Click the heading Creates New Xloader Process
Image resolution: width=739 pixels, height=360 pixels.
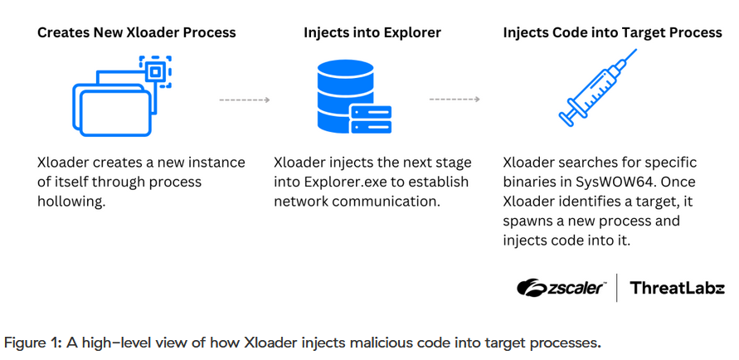coord(137,32)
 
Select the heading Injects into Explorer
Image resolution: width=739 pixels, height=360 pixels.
coord(372,32)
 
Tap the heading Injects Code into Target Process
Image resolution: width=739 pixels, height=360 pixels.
coord(613,32)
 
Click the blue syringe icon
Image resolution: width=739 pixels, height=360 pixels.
coord(598,87)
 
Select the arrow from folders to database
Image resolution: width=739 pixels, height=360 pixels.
coord(244,100)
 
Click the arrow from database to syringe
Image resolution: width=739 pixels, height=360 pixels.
coord(455,100)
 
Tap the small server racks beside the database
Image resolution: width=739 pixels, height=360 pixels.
coord(372,119)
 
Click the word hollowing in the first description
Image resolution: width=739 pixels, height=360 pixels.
coord(70,202)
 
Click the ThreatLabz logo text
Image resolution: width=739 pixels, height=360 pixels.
coord(677,288)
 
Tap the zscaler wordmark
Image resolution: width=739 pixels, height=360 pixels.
coord(576,288)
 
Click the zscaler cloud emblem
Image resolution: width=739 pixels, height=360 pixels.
coord(532,288)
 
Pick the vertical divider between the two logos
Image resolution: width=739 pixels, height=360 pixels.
coord(617,288)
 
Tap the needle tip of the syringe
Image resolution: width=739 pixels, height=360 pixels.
coord(636,50)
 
